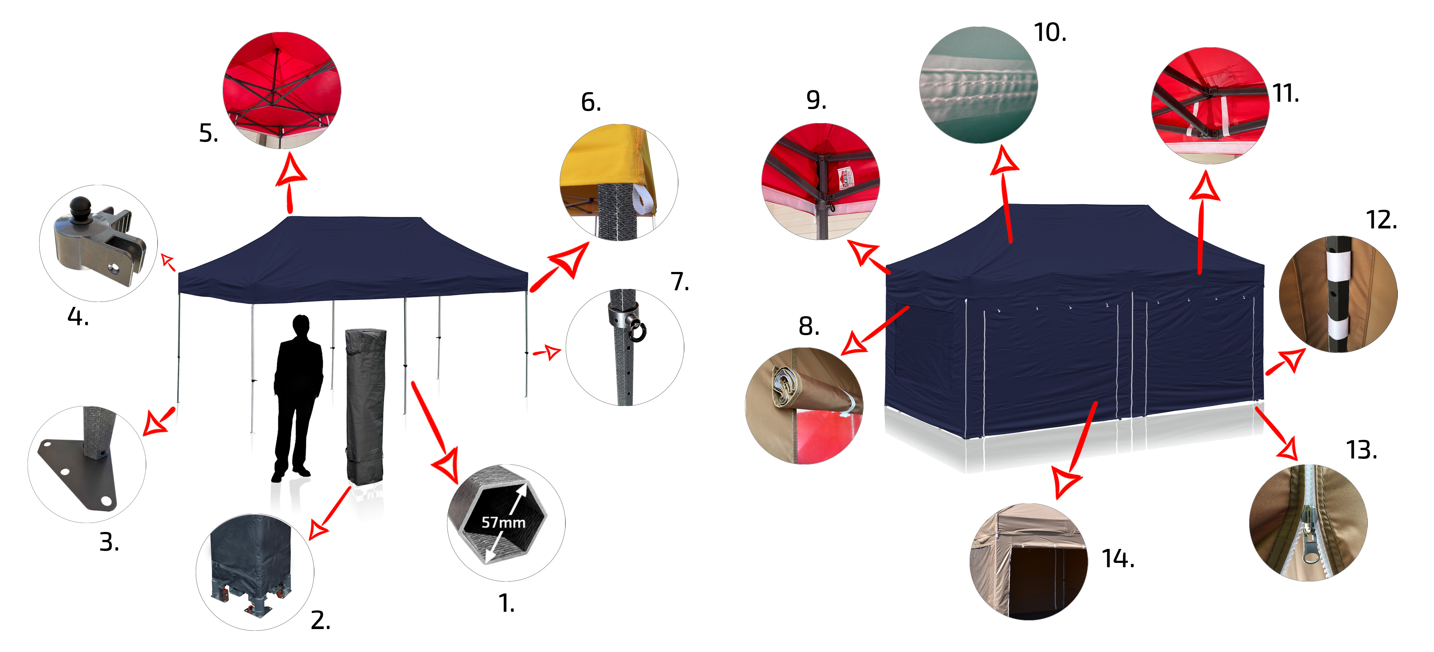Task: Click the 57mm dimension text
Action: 503,522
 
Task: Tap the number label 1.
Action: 506,603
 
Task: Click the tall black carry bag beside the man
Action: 366,406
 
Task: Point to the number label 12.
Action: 1381,220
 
